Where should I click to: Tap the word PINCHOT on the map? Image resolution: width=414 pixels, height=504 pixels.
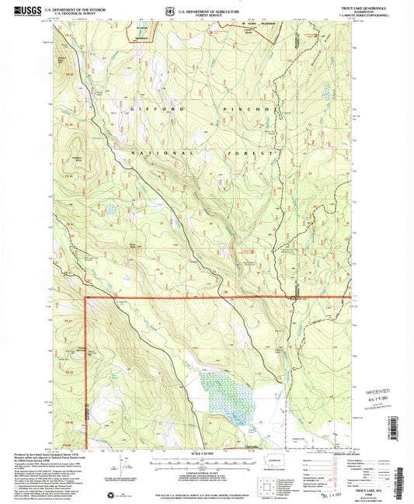pos(249,110)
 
